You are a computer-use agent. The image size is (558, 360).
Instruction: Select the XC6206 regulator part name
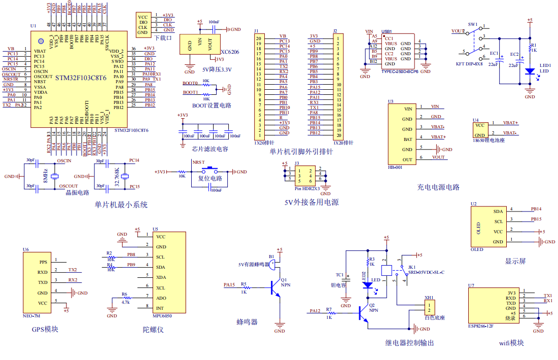230,52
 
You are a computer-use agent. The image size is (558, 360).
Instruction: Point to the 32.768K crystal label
117,176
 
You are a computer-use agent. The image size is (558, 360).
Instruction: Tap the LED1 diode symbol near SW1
530,72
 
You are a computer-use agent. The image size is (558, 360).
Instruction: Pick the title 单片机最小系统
121,205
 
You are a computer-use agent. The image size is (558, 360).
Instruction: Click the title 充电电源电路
438,187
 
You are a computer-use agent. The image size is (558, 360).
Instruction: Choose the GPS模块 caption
45,329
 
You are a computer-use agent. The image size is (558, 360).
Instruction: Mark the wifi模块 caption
511,343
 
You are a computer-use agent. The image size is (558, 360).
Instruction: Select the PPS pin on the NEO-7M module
43,262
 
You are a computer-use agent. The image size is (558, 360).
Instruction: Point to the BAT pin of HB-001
407,139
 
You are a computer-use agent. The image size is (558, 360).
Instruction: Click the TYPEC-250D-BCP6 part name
400,72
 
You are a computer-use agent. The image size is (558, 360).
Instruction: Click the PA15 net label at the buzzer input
229,285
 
